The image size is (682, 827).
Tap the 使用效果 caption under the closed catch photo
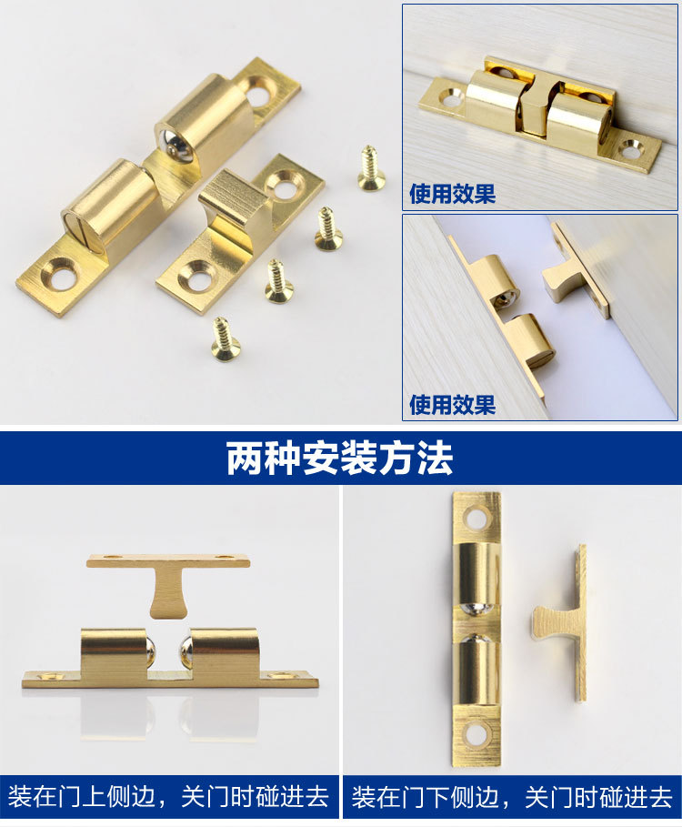(452, 194)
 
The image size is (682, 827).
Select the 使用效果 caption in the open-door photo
(452, 404)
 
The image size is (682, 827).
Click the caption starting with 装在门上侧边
(168, 798)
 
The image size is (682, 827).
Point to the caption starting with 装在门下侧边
(512, 798)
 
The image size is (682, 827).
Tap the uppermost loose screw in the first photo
(370, 168)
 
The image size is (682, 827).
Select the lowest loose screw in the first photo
(223, 338)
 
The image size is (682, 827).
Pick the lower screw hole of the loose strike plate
(197, 275)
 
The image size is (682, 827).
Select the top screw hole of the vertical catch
(476, 519)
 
